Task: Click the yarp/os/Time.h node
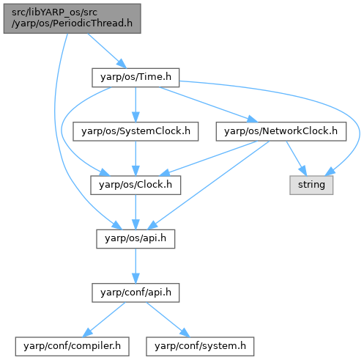point(135,78)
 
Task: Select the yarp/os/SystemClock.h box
point(135,131)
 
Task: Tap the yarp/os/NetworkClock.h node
point(281,131)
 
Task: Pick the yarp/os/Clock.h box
point(135,185)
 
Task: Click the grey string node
point(311,185)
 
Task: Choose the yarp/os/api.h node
point(135,239)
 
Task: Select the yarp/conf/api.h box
point(135,293)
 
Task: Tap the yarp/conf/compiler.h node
point(72,346)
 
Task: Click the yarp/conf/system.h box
point(200,346)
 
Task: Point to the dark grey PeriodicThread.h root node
point(72,18)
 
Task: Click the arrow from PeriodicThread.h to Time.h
point(107,51)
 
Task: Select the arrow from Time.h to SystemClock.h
point(135,105)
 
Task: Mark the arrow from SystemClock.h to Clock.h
point(135,158)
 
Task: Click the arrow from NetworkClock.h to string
point(296,158)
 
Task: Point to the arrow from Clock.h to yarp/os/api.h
point(135,212)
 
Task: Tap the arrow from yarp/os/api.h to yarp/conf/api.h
point(135,266)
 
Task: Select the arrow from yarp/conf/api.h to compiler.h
point(104,320)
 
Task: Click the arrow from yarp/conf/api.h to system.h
point(168,320)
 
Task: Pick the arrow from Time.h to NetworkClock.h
point(208,105)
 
